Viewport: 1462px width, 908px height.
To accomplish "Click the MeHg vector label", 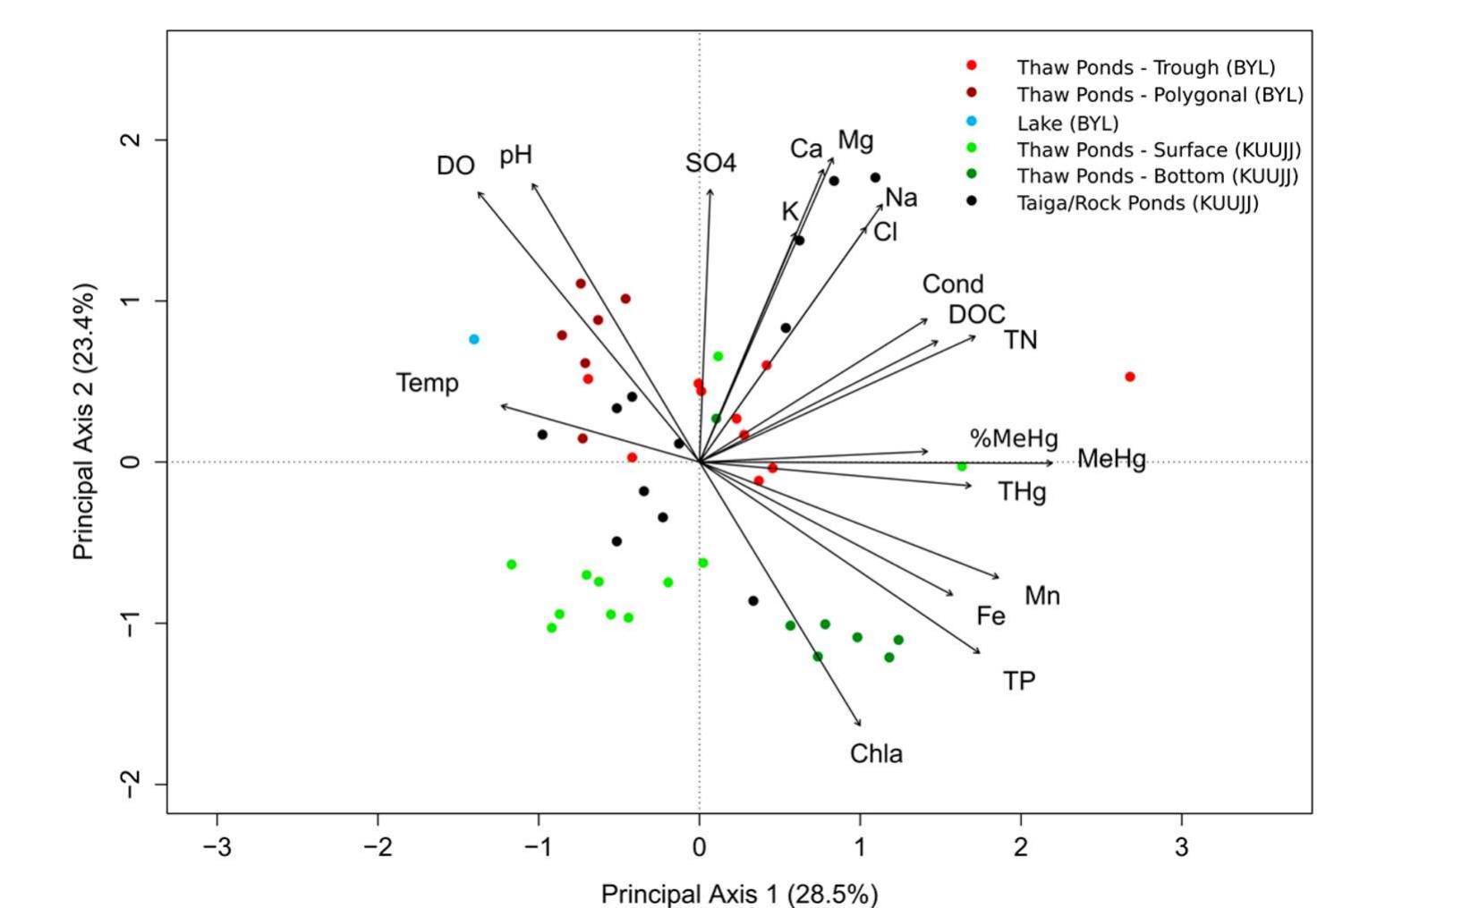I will (x=1111, y=459).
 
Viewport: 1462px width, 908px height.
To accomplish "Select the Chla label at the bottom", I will (x=876, y=754).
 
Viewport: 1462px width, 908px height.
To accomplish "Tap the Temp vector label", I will (x=428, y=383).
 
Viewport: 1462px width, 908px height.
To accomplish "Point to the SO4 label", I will (x=711, y=163).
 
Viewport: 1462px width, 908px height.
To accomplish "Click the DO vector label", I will (x=455, y=165).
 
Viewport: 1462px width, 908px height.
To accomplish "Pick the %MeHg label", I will (x=1014, y=438).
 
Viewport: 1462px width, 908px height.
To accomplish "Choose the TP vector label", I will (x=1019, y=681).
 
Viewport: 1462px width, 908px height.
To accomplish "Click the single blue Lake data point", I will (x=474, y=339).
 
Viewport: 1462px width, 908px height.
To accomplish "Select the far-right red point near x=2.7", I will (x=1130, y=377).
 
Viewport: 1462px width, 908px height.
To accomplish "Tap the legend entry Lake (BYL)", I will (x=1067, y=123).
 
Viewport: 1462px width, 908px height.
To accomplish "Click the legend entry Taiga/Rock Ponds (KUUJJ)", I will (x=1137, y=203).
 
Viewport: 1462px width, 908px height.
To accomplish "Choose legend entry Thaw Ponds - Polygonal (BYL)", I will (x=1160, y=95).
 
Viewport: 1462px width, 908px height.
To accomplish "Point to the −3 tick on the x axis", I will (x=217, y=847).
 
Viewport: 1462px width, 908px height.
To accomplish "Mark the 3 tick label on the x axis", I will (x=1181, y=847).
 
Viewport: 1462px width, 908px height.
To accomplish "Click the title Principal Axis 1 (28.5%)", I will (x=739, y=894).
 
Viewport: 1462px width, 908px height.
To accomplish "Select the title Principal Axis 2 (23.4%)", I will (x=84, y=422).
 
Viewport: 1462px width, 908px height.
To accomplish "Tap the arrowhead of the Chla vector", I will (x=861, y=726).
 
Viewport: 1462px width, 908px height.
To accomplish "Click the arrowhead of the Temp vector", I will (x=501, y=406).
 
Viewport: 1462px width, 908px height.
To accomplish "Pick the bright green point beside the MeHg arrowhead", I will (x=962, y=466).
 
